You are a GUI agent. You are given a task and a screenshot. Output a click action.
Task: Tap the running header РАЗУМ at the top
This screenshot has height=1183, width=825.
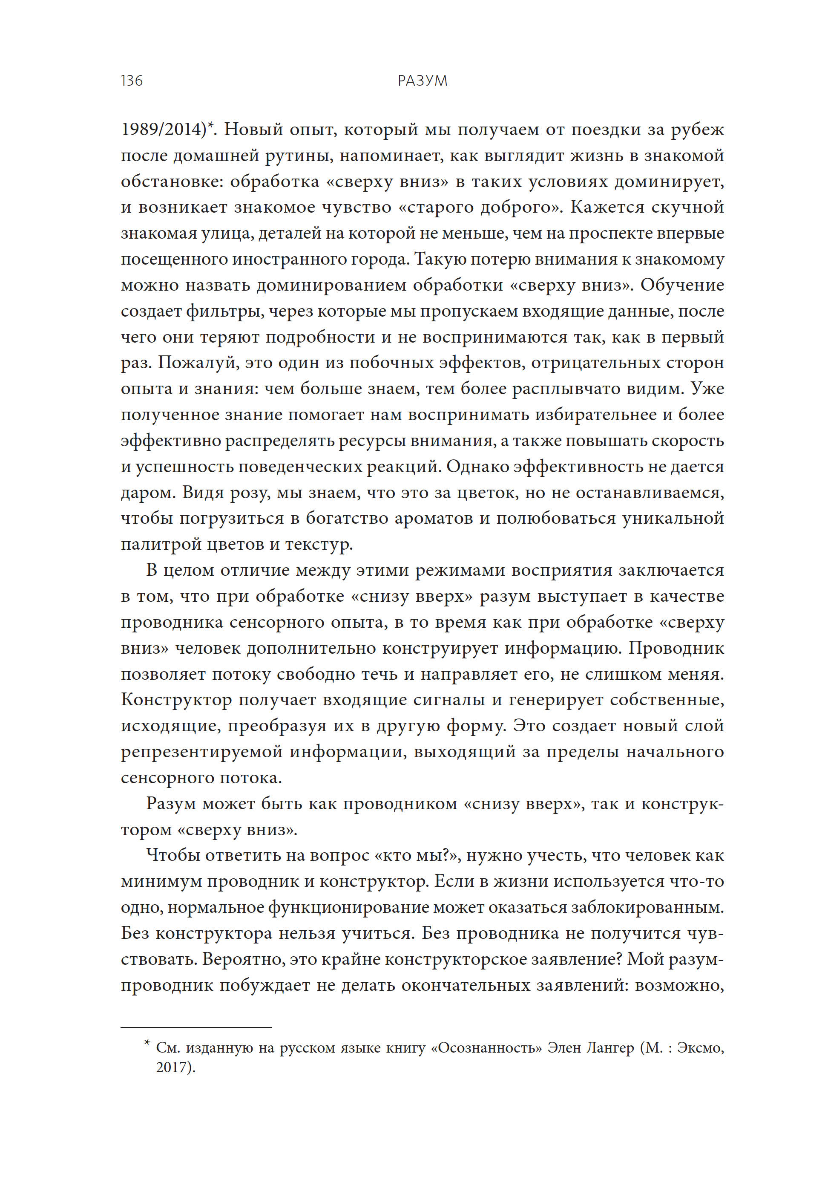click(x=422, y=81)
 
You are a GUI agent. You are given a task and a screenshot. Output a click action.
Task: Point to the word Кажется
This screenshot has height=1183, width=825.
click(x=608, y=207)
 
